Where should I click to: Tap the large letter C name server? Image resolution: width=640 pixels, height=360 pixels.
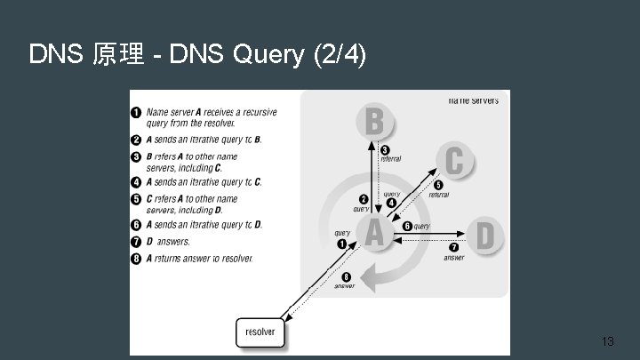point(454,163)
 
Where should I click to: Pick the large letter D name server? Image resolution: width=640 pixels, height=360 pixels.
point(484,236)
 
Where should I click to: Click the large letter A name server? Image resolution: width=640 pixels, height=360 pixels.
point(375,233)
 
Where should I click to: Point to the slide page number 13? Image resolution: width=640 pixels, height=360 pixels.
point(608,341)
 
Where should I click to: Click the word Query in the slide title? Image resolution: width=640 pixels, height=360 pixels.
point(268,55)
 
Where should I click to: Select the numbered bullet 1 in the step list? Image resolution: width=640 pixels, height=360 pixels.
point(136,112)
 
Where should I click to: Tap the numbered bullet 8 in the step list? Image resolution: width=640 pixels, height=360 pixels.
point(136,259)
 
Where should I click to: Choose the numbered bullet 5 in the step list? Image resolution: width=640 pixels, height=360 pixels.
point(136,199)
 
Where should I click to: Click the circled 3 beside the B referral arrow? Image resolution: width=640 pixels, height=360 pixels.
point(385,149)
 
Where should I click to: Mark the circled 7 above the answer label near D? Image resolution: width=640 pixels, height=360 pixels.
point(454,246)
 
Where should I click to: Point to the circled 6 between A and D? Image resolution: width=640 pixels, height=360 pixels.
point(408,227)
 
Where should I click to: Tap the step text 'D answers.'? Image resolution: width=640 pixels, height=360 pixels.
point(168,242)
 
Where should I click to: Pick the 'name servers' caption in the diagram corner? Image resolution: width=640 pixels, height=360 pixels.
point(473,100)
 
